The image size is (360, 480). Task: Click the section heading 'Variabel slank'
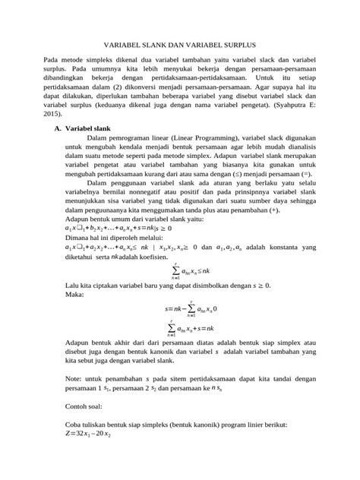pyautogui.click(x=92, y=129)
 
